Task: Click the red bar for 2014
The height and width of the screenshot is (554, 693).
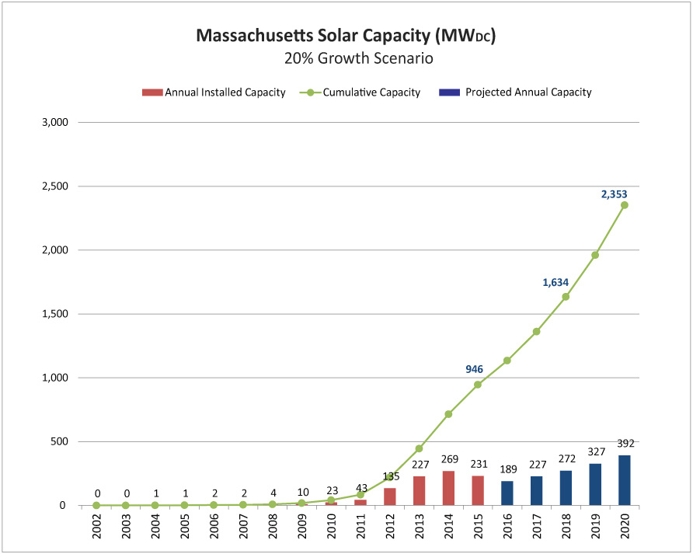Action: (x=448, y=488)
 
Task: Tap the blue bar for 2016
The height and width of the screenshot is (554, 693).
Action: (x=507, y=493)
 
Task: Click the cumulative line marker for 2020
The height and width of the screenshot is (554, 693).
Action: (x=625, y=205)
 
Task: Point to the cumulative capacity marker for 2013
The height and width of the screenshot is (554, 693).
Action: (x=419, y=448)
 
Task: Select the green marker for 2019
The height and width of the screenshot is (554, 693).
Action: (x=595, y=255)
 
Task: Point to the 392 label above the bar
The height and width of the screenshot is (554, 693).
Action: (x=626, y=444)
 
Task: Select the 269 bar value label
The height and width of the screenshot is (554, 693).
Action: (x=449, y=459)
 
